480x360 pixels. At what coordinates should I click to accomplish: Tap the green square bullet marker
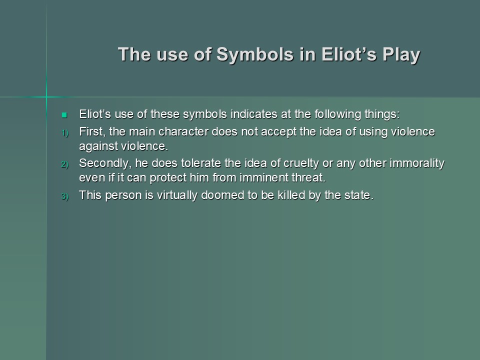(64, 115)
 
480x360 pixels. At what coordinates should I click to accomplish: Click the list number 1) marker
(65, 133)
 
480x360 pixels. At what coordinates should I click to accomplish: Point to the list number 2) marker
(65, 164)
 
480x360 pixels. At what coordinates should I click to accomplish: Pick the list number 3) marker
(65, 196)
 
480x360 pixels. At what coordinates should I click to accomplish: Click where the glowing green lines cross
(46, 97)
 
